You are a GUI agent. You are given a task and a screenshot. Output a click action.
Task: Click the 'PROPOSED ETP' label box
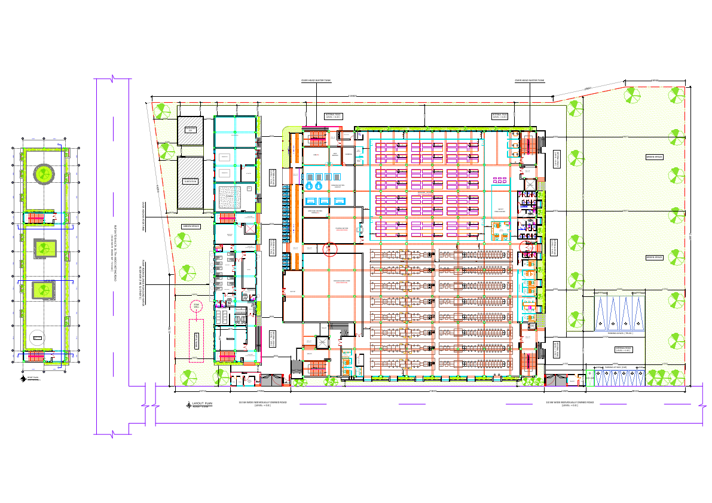point(190,129)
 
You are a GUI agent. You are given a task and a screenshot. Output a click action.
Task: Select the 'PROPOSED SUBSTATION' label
point(190,180)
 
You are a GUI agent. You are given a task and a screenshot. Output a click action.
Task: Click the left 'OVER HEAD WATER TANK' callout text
point(316,80)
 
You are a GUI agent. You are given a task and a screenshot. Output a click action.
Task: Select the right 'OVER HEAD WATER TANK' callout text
point(529,80)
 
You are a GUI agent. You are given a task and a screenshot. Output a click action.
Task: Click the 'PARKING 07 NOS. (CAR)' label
point(615,367)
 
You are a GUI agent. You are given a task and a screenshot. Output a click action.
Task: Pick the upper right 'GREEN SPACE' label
point(655,157)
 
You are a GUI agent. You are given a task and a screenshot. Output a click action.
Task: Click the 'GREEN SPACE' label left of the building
point(191,226)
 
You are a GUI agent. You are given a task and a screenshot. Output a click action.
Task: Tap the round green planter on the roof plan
point(44,174)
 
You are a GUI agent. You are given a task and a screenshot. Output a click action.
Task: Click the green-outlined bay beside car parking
point(590,378)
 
